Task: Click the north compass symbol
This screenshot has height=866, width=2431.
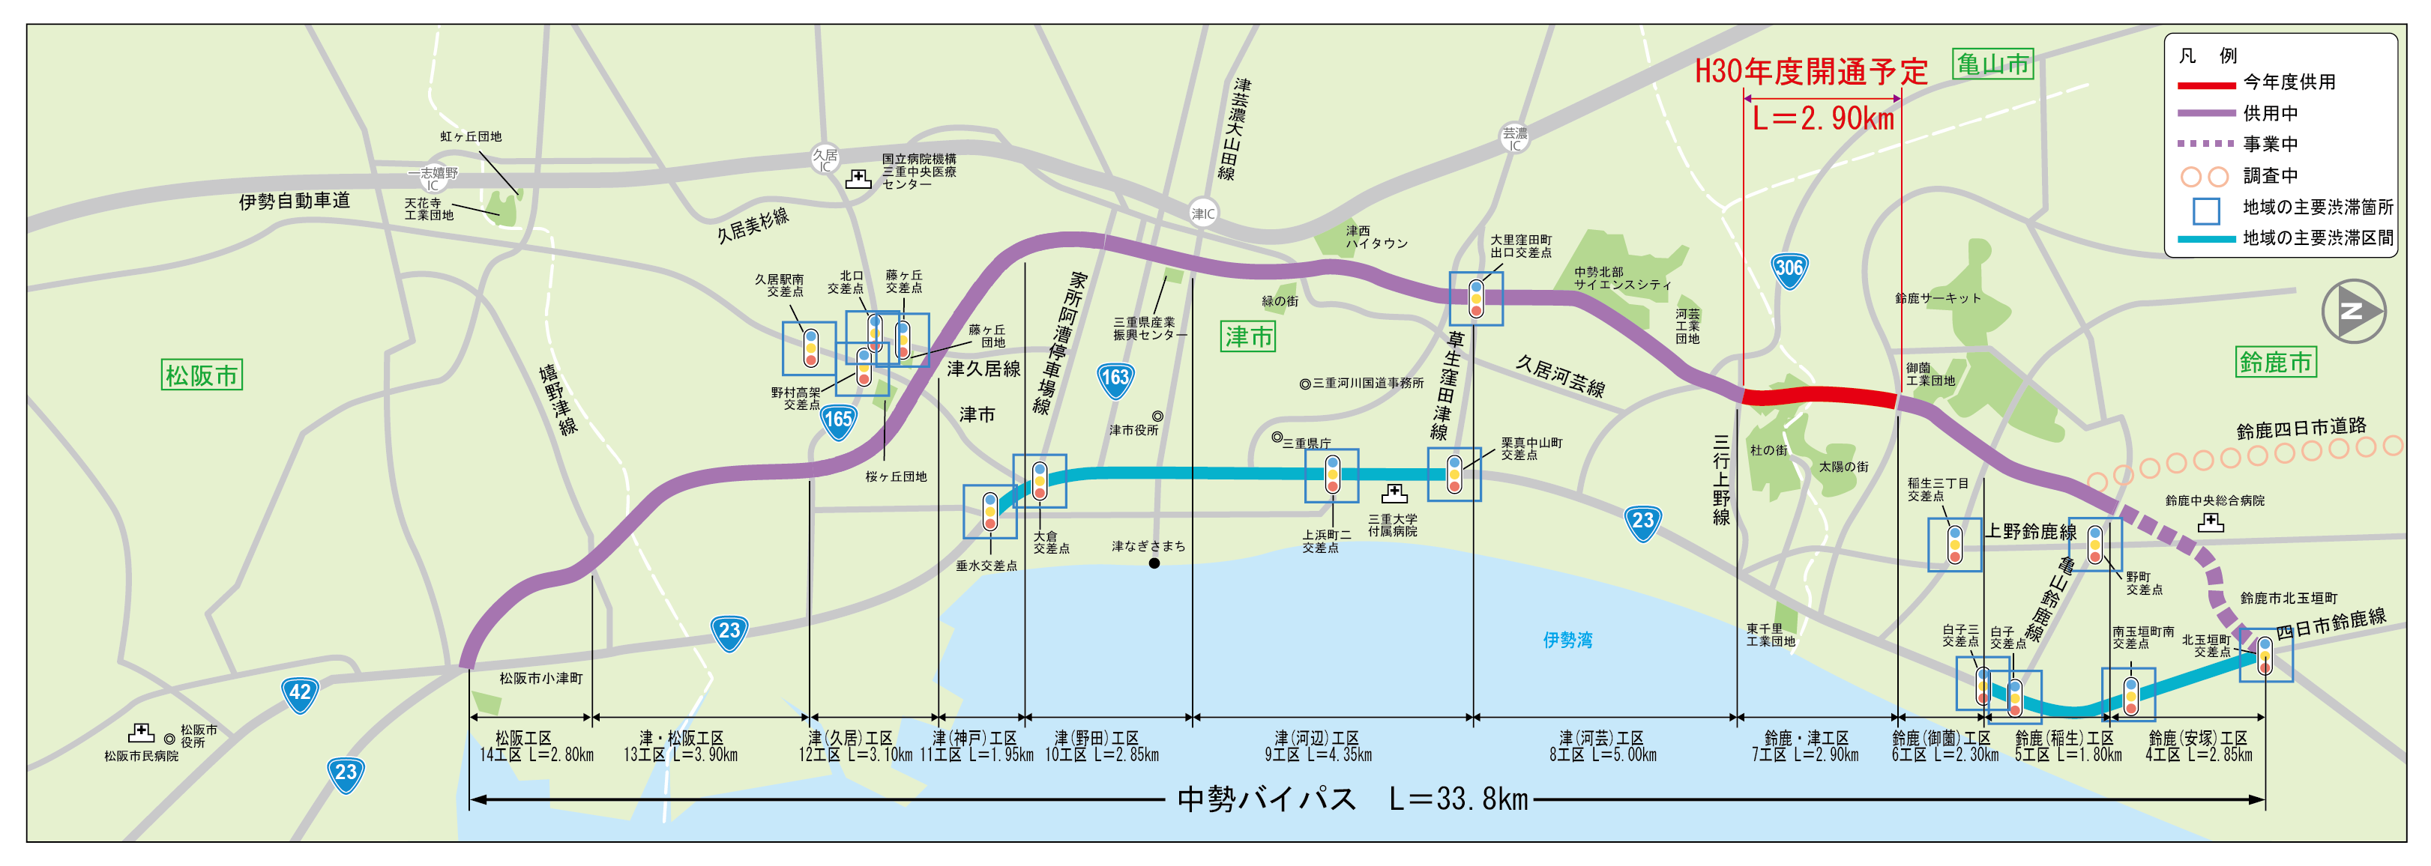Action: point(2353,310)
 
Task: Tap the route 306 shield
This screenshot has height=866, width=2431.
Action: point(1789,269)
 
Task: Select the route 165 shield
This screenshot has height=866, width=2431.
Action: point(838,420)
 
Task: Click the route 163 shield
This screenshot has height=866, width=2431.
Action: point(1115,379)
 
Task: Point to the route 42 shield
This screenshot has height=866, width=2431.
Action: point(299,694)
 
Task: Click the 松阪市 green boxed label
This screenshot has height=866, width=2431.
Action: point(202,375)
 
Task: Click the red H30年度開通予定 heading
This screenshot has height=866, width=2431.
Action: point(1810,72)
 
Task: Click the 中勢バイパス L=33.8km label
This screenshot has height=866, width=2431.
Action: point(1352,800)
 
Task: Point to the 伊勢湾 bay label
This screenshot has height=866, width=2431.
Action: point(1567,641)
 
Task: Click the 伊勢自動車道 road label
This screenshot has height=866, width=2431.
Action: point(295,201)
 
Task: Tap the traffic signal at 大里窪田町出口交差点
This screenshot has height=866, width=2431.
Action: point(1476,298)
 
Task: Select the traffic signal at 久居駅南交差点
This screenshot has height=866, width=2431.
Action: point(810,348)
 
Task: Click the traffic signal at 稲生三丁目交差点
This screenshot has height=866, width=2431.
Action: point(1954,545)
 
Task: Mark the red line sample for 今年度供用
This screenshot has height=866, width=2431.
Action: point(2205,85)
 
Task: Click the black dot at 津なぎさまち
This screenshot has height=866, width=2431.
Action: point(1154,563)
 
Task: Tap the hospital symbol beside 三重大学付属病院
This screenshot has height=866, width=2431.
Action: point(1394,494)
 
